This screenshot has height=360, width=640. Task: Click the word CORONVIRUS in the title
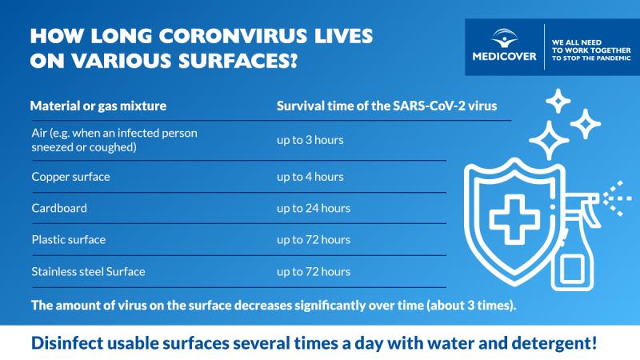tap(233, 36)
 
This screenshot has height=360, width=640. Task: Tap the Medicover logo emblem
tap(505, 38)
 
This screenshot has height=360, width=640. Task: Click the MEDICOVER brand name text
tap(505, 56)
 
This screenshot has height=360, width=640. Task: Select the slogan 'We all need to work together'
tap(591, 46)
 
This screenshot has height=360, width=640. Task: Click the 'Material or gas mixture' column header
tap(98, 106)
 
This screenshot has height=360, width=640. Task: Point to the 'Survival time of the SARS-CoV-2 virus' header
tap(387, 106)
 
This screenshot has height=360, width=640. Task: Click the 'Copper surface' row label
tap(71, 177)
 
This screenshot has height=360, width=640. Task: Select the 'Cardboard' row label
tap(59, 208)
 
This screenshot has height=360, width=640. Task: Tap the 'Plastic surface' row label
tap(69, 239)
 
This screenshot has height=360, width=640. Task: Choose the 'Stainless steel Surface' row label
tap(89, 272)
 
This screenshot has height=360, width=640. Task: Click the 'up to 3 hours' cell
tap(310, 140)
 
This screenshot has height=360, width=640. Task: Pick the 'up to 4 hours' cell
tap(310, 177)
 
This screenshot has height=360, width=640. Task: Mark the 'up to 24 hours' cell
tap(314, 208)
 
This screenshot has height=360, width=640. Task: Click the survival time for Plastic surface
tap(314, 239)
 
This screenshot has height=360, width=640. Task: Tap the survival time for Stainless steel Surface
tap(314, 272)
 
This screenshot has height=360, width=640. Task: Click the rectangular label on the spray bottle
tap(571, 269)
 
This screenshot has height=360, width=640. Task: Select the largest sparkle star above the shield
tap(549, 140)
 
